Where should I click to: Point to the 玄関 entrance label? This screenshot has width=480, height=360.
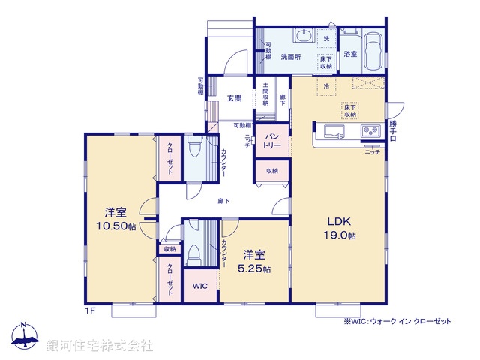coord(234,97)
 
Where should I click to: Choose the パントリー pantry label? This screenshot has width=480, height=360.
coord(271,140)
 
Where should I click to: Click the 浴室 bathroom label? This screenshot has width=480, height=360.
coord(350,54)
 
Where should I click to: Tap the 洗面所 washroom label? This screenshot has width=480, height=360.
coord(291,56)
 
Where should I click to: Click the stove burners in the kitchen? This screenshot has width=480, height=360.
coord(370,132)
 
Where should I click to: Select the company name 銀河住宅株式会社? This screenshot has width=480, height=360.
coord(100,345)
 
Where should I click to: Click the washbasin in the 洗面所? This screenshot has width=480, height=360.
coord(303,37)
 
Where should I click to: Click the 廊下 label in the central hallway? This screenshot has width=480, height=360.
coord(223,201)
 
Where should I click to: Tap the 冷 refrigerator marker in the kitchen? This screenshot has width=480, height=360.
coord(326,86)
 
